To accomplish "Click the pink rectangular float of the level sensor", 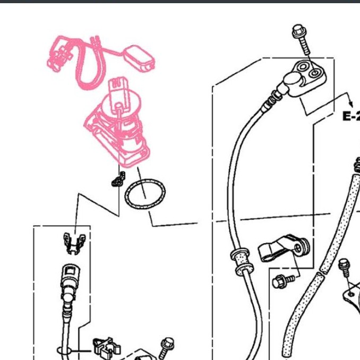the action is pos(139,58).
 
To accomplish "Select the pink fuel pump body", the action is pos(117,128).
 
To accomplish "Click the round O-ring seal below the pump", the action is pos(145,194).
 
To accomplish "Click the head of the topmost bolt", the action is pos(299,31).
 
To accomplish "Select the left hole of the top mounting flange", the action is pos(303,67).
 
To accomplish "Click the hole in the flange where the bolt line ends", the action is pos(314,74).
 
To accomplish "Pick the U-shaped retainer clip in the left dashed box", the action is pos(74,243).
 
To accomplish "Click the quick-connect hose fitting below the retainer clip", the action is pos(70,285).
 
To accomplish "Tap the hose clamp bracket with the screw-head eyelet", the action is pos(284,248).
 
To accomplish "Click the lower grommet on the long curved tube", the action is pos(245,269).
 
